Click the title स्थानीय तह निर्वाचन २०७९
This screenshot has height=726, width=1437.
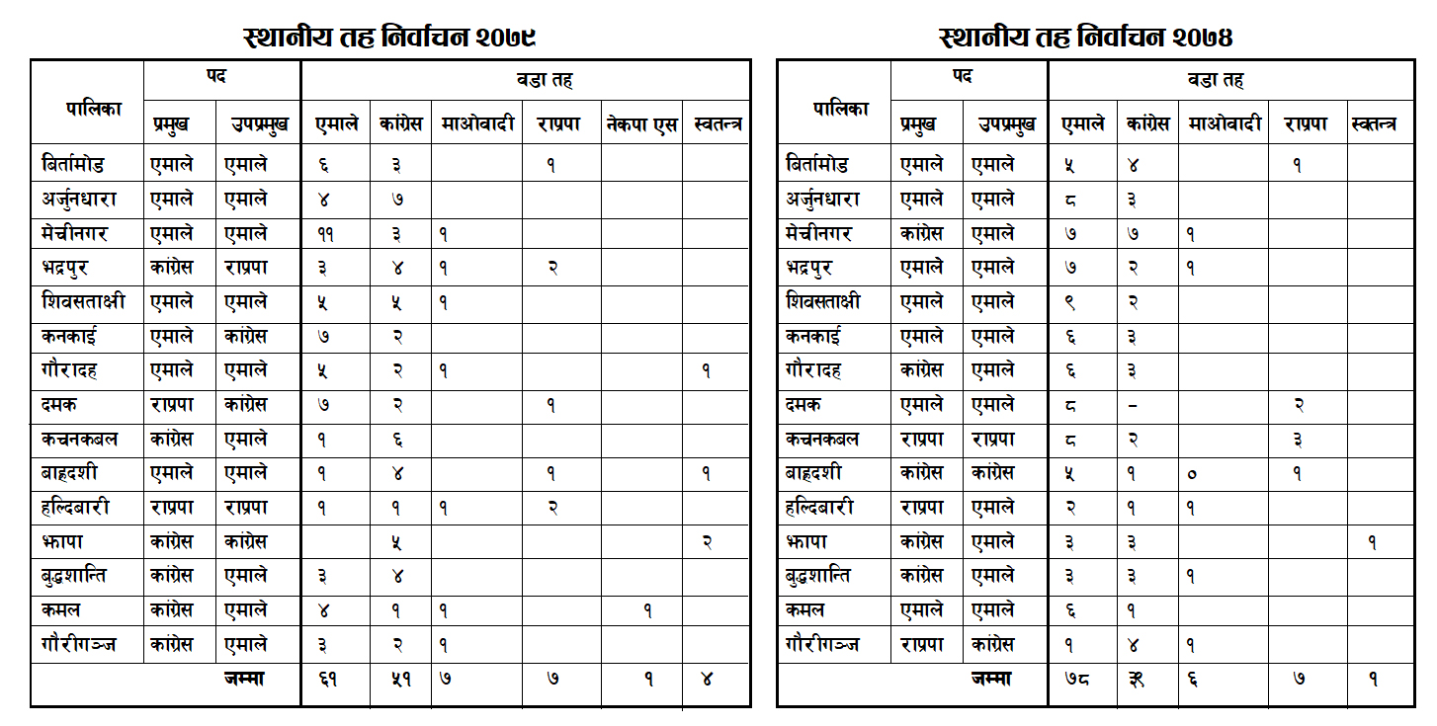(389, 38)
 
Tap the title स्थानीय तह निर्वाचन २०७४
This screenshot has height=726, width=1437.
(1086, 38)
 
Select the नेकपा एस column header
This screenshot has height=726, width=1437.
(641, 124)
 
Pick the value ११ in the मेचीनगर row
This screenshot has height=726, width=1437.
(326, 235)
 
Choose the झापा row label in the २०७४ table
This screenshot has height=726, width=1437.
(806, 541)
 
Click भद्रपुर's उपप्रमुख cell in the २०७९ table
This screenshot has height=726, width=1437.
(245, 269)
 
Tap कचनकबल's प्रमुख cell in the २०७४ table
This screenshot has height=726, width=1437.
(921, 439)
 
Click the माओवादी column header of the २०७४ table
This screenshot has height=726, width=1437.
(1224, 124)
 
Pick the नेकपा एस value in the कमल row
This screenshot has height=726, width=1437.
(647, 610)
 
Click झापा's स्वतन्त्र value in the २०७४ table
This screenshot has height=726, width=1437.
(1373, 541)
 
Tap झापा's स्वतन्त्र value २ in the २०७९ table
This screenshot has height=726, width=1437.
(706, 541)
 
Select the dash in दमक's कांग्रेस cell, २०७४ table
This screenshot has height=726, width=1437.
(1133, 405)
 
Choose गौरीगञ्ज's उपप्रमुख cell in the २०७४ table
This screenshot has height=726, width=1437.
(995, 644)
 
